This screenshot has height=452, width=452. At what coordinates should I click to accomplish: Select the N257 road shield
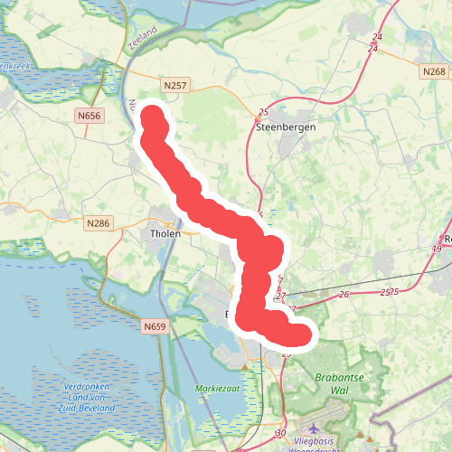[x=176, y=85]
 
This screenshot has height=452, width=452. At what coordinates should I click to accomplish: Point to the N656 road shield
[x=89, y=116]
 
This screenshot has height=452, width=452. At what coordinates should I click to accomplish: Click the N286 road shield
[x=98, y=222]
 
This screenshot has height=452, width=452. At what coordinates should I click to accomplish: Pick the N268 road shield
[x=434, y=71]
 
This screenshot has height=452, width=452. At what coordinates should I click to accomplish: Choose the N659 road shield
[x=155, y=324]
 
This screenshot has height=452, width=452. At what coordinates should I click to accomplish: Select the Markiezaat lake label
[x=214, y=389]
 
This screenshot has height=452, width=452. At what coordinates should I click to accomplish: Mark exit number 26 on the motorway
[x=344, y=295]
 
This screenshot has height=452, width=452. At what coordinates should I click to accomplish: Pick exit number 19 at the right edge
[x=438, y=249]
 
